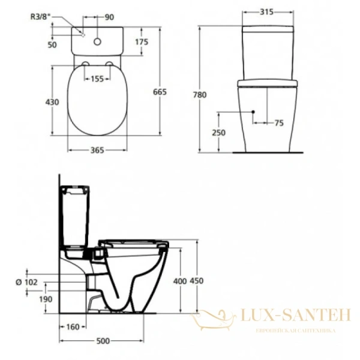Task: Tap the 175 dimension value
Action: (x=142, y=41)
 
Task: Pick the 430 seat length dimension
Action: (x=52, y=103)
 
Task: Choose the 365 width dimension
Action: (x=99, y=150)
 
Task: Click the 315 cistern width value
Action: (x=268, y=11)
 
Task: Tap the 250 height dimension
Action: (x=219, y=132)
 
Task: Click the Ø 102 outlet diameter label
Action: (x=28, y=281)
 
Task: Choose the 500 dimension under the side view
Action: (x=103, y=342)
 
